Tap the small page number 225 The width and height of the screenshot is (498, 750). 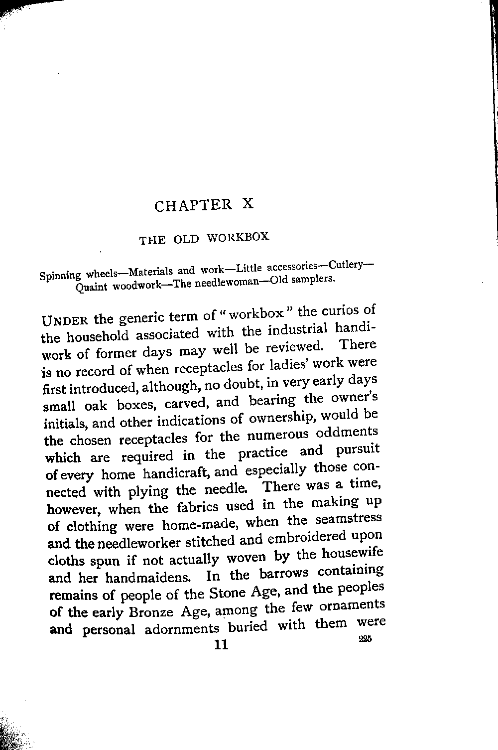click(x=366, y=638)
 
